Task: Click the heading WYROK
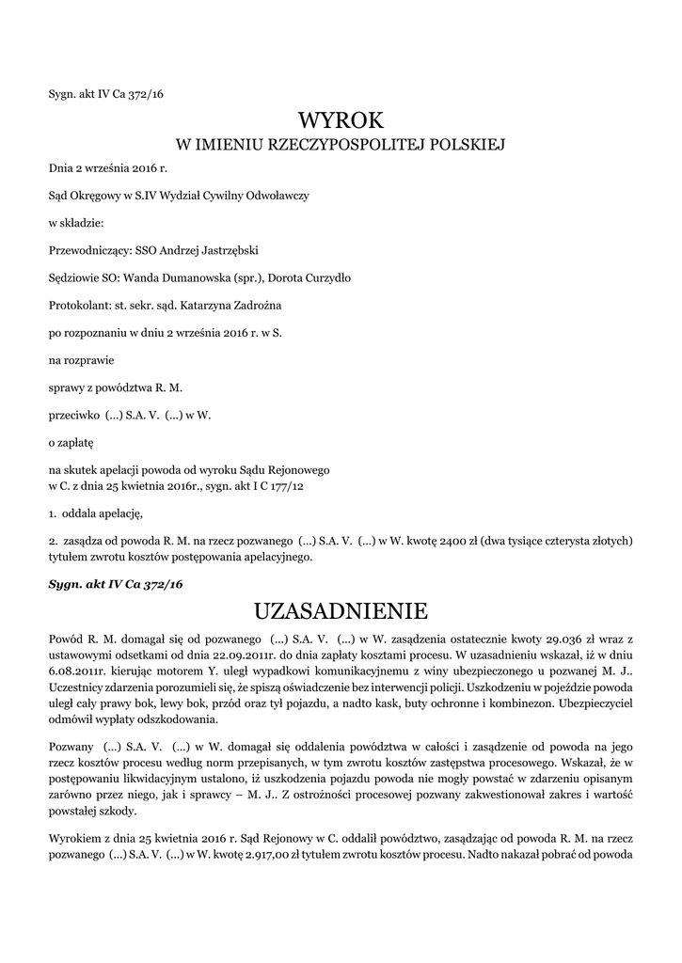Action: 341,120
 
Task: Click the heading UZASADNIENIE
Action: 341,611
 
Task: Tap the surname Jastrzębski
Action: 227,251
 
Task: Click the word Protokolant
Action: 78,306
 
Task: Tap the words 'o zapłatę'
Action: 71,441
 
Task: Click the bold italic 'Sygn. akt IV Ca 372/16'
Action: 115,584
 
